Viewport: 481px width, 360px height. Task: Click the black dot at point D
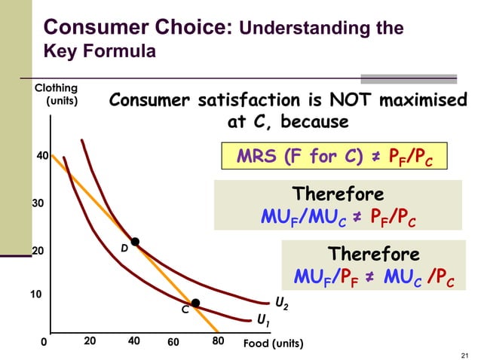135,242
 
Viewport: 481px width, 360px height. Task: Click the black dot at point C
195,303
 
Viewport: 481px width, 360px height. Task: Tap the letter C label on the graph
183,310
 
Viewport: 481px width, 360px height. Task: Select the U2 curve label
280,304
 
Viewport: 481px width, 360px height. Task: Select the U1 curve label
264,321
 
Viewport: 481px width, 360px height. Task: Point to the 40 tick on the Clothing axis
43,156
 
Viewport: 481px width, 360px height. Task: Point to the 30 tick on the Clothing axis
38,203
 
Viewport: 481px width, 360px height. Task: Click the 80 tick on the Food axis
218,341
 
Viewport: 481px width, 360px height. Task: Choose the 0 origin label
43,342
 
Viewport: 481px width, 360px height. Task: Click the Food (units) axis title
273,343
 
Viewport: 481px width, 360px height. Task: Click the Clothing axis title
57,94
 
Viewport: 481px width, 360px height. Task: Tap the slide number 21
463,354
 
